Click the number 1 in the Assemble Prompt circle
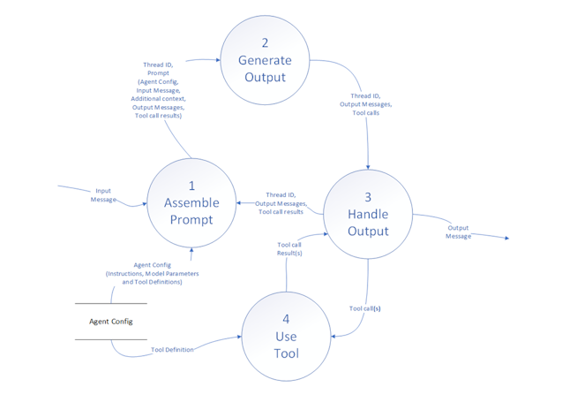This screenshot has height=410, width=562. click(191, 186)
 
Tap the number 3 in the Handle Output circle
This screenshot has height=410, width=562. click(368, 197)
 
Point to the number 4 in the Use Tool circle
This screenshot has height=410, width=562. click(286, 319)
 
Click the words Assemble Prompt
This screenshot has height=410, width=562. click(191, 211)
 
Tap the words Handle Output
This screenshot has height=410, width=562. click(368, 223)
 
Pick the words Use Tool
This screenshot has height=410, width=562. click(286, 345)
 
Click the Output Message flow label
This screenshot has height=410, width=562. click(458, 232)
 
